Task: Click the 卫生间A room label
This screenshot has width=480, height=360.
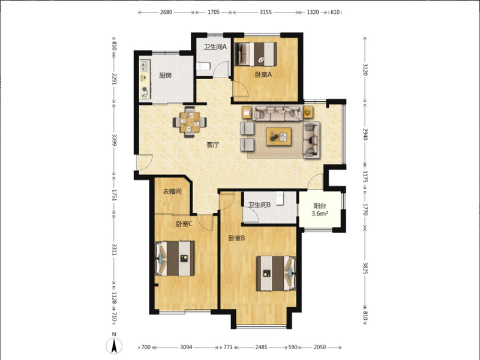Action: (x=215, y=47)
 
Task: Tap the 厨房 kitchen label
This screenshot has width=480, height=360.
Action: (x=166, y=76)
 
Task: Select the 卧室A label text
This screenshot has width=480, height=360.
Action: (x=263, y=74)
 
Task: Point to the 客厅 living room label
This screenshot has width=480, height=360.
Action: (x=212, y=145)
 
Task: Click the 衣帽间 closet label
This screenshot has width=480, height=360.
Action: (x=172, y=191)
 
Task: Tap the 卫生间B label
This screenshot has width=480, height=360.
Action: (x=259, y=205)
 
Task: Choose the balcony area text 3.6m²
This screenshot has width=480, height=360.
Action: (x=320, y=214)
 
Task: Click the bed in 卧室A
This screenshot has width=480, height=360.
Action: (x=256, y=54)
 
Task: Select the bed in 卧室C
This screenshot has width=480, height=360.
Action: (x=175, y=259)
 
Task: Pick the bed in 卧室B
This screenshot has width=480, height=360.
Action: (x=276, y=274)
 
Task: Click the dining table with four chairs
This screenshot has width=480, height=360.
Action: (x=190, y=122)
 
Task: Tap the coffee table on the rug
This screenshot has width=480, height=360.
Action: (x=278, y=137)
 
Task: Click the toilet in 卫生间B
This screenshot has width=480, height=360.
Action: (x=280, y=198)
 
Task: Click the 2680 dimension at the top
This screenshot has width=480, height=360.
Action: (x=166, y=12)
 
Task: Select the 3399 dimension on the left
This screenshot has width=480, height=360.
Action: (x=114, y=140)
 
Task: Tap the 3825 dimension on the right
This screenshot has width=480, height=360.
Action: (x=365, y=268)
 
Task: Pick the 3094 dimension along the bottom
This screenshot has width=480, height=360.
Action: (x=186, y=347)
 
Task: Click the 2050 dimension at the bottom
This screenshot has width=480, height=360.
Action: (x=320, y=347)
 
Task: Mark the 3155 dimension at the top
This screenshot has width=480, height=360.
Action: (x=265, y=12)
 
